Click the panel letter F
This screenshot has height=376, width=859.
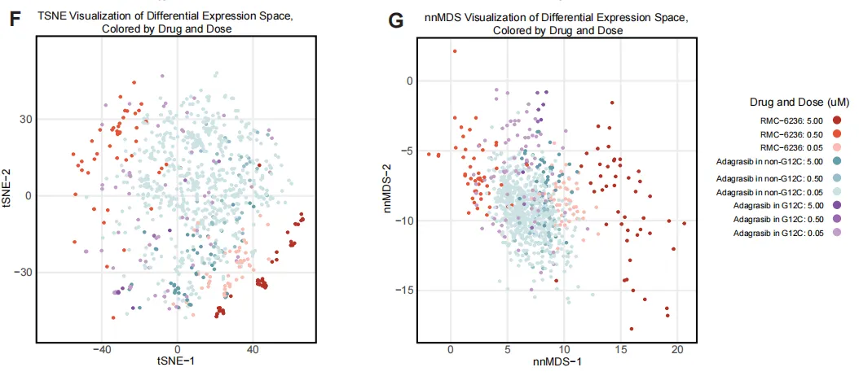pyautogui.click(x=13, y=20)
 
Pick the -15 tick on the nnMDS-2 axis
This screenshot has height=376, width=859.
pyautogui.click(x=403, y=290)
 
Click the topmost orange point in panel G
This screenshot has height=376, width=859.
pyautogui.click(x=454, y=51)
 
